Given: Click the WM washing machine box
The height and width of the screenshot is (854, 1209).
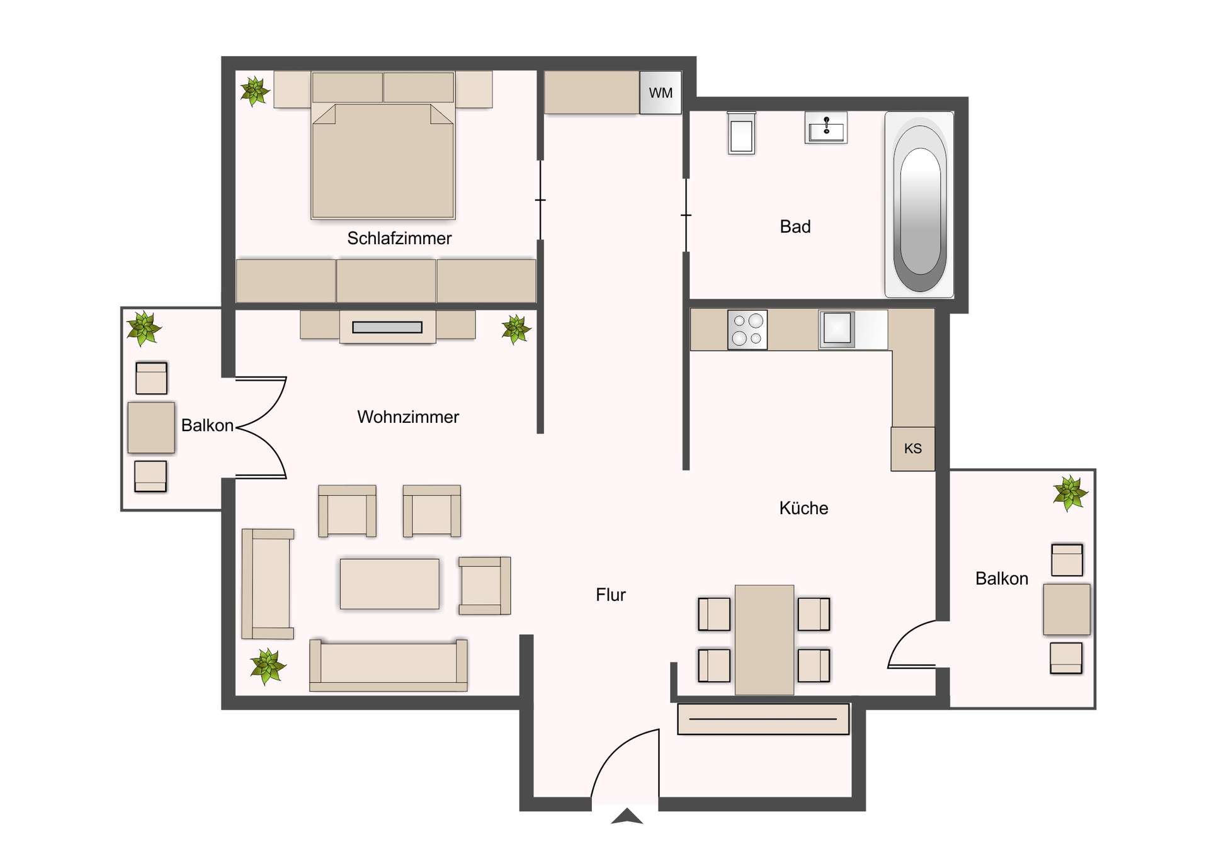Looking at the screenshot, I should coord(660,93).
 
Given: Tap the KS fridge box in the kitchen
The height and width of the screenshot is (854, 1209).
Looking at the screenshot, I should coord(912,449).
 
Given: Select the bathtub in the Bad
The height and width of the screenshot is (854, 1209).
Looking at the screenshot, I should coord(919,205).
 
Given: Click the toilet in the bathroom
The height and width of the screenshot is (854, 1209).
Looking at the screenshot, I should coord(741,133).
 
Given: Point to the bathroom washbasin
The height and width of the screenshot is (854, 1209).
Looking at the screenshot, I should coord(826,128).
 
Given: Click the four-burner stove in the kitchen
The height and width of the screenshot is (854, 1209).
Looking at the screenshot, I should coord(747,329).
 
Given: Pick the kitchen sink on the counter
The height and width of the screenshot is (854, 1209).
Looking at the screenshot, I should coord(837,329).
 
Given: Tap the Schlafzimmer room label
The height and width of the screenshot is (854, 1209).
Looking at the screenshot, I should coord(399,239).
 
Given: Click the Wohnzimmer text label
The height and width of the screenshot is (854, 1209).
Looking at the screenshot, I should coord(407,417).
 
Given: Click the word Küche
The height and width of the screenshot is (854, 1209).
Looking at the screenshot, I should coord(803,508).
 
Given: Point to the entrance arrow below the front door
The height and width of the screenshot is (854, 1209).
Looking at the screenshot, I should coord(627,817).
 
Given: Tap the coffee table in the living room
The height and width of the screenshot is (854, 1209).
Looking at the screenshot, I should coord(389,584).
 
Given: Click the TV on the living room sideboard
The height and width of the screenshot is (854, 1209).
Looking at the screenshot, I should coord(387,327).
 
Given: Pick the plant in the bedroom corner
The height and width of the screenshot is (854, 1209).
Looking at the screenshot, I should coord(254,91).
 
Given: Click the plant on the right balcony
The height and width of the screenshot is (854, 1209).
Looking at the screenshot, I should coord(1070,493).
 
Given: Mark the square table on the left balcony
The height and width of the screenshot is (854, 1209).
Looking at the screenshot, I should coord(151,428).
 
